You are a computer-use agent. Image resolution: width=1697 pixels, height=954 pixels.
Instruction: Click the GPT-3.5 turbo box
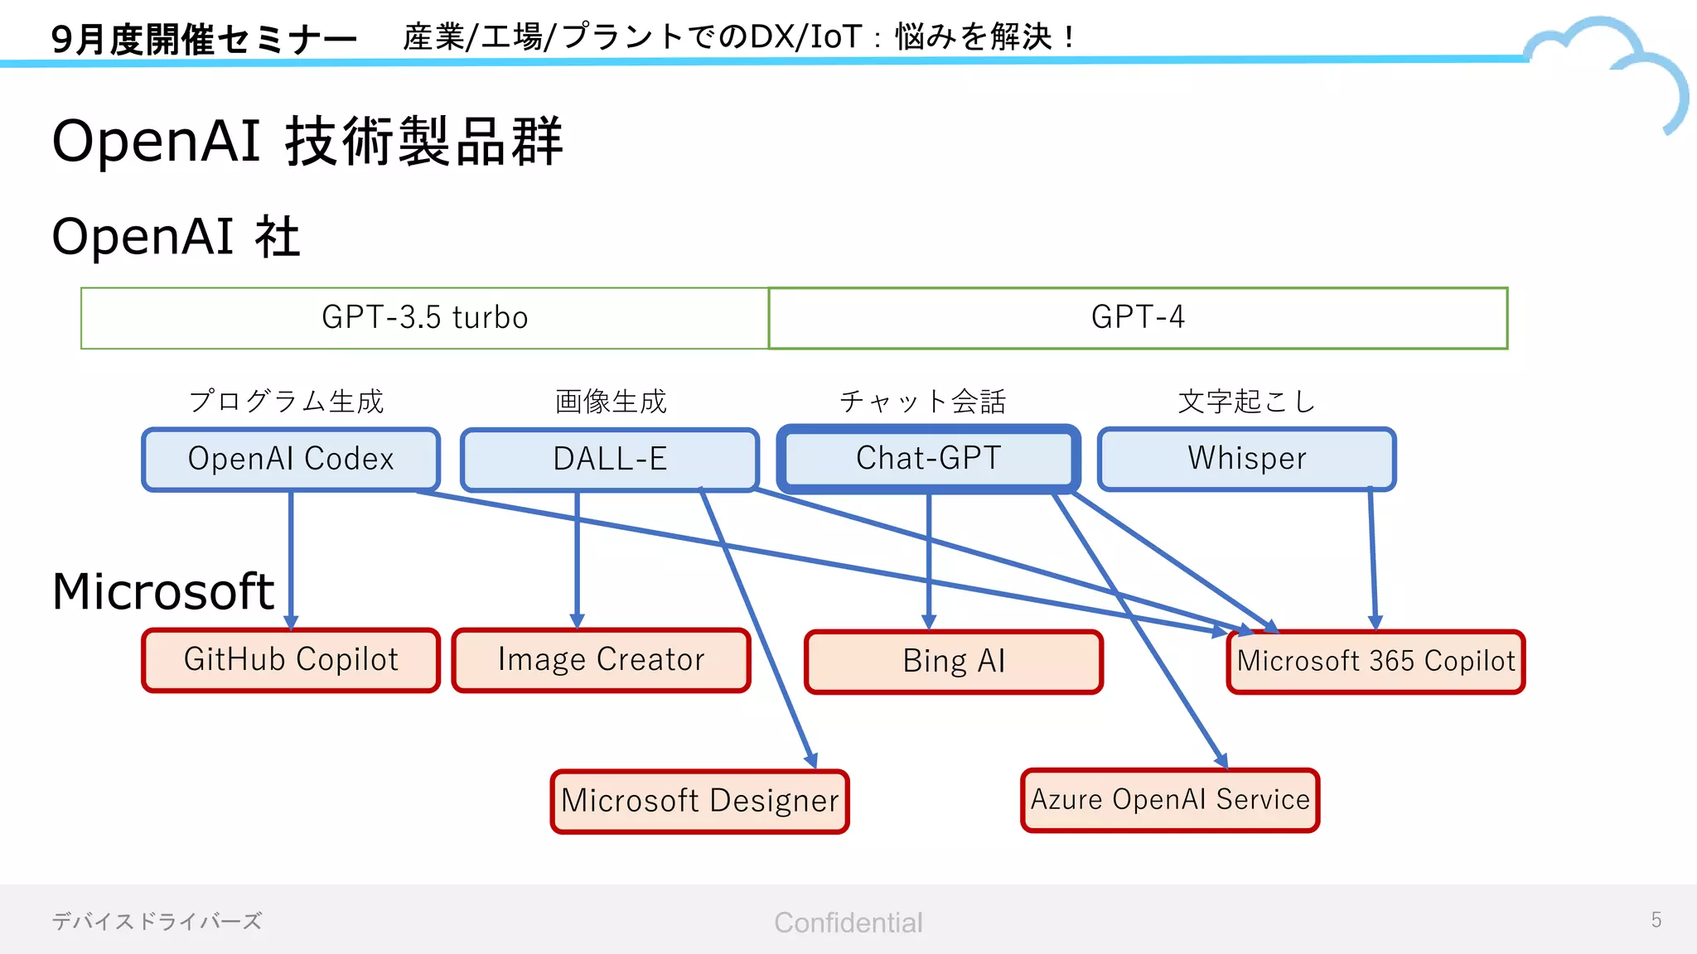[x=424, y=318]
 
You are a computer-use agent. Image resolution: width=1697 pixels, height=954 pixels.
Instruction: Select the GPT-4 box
[x=1137, y=318]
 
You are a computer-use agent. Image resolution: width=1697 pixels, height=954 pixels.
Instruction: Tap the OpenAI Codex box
[x=290, y=459]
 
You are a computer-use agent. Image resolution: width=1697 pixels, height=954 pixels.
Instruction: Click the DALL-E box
[x=609, y=459]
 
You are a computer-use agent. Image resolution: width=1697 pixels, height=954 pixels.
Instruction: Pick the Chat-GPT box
[x=928, y=458]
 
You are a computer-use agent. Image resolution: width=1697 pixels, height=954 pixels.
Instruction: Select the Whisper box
[x=1246, y=458]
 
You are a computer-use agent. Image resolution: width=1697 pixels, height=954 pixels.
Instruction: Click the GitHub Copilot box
[x=290, y=660]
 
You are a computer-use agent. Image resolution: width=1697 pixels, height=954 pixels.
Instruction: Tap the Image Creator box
[x=601, y=660]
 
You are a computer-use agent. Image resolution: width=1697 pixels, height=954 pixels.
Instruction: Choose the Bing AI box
[x=953, y=662]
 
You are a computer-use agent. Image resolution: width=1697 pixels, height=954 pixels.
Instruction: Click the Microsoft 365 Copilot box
[x=1375, y=662]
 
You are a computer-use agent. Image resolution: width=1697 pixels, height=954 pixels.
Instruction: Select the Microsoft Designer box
[x=699, y=801]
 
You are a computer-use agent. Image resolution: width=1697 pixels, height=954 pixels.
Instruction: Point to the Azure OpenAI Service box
[x=1169, y=800]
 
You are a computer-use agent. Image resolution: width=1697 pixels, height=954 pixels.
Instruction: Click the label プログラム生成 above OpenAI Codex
[x=286, y=402]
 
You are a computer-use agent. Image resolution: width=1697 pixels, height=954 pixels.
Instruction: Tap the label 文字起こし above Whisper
[x=1246, y=402]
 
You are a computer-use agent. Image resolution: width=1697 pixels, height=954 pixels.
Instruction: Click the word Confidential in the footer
[x=848, y=923]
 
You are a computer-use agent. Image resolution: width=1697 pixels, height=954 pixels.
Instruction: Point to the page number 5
[x=1656, y=920]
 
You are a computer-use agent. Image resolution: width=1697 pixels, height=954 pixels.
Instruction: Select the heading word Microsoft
[x=162, y=592]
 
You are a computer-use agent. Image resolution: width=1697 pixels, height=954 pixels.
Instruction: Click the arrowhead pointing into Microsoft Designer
[x=812, y=761]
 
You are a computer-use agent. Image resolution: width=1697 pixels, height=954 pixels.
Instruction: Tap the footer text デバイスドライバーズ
[x=157, y=921]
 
